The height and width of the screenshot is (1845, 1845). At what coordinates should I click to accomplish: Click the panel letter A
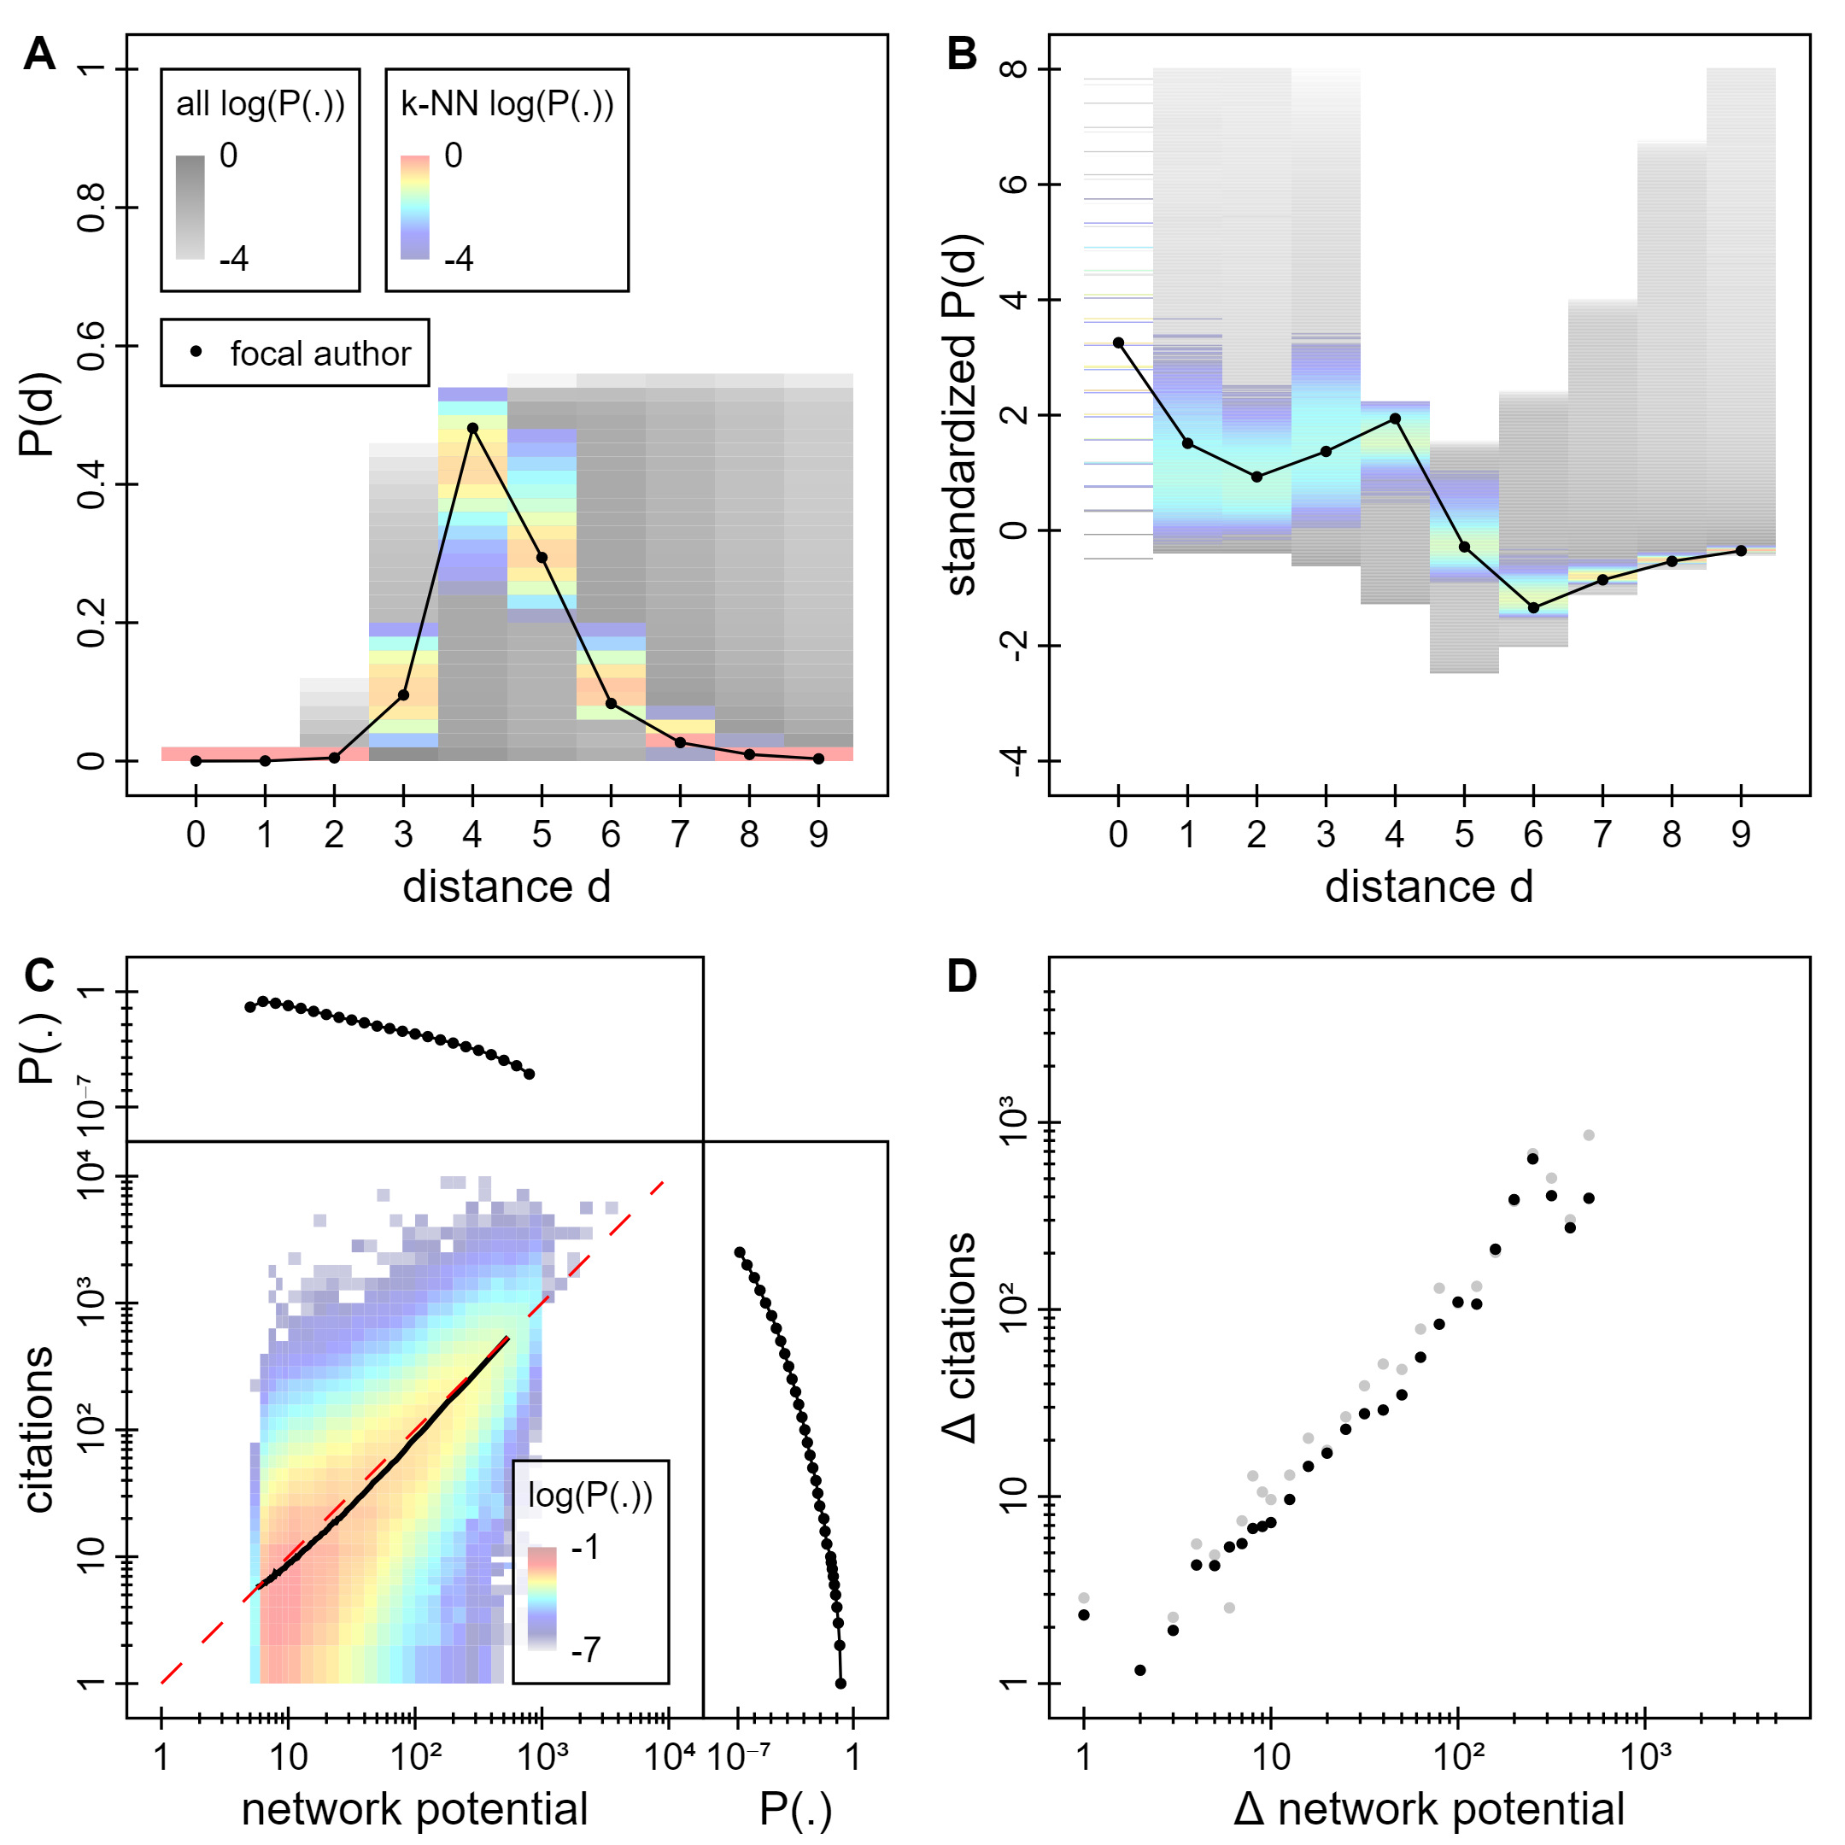pyautogui.click(x=39, y=54)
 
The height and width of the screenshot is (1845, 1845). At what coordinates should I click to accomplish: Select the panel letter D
pyautogui.click(x=962, y=976)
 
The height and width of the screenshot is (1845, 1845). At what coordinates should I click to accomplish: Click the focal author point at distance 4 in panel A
pyautogui.click(x=472, y=428)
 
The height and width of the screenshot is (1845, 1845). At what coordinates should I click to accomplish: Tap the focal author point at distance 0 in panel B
pyautogui.click(x=1118, y=343)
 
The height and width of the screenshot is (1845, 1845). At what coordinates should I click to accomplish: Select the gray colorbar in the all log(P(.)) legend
pyautogui.click(x=190, y=208)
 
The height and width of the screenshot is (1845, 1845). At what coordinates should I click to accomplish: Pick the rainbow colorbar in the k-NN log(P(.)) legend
pyautogui.click(x=414, y=208)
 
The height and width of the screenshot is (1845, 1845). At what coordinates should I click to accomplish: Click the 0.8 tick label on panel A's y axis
pyautogui.click(x=92, y=208)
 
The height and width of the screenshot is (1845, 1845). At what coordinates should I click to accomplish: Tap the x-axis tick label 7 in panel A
pyautogui.click(x=680, y=835)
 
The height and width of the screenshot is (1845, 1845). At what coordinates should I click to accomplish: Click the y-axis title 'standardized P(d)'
pyautogui.click(x=962, y=414)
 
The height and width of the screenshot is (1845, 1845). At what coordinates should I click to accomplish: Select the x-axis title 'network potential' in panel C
pyautogui.click(x=414, y=1809)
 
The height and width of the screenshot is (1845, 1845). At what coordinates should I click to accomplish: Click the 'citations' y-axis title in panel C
pyautogui.click(x=39, y=1430)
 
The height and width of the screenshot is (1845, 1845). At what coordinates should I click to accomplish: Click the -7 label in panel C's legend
pyautogui.click(x=585, y=1649)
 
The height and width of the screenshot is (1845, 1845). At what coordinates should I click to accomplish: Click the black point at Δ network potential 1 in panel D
pyautogui.click(x=1084, y=1615)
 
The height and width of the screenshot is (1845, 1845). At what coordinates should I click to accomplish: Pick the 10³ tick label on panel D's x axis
pyautogui.click(x=1645, y=1756)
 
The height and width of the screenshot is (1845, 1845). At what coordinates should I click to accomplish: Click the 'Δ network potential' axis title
pyautogui.click(x=1429, y=1809)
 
